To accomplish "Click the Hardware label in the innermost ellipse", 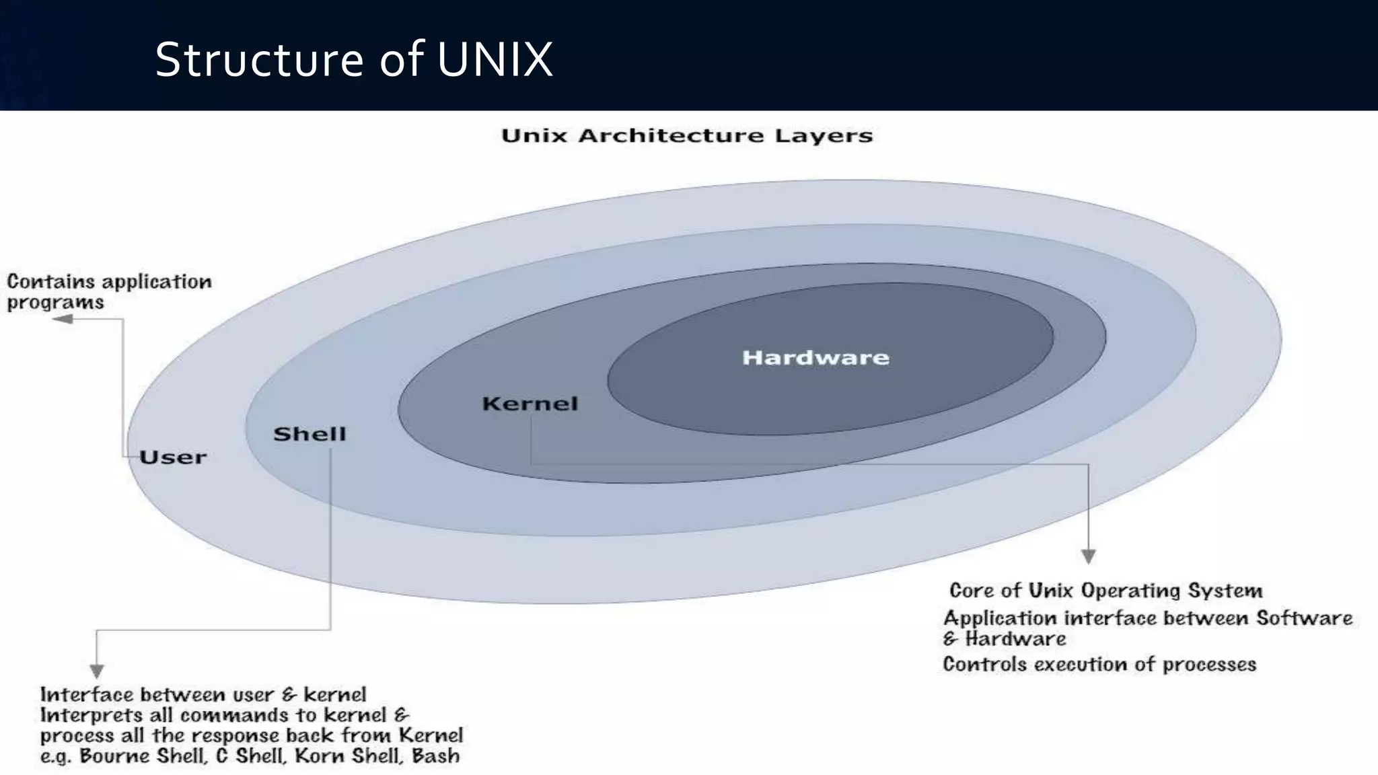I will pos(815,357).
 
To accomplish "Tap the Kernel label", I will pos(530,404).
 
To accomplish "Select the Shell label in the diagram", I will pos(310,434).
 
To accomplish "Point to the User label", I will pos(173,457).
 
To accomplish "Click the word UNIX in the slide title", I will pos(495,59).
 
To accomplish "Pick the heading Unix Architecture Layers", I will pos(687,136).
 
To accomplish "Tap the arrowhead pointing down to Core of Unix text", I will pos(1089,556).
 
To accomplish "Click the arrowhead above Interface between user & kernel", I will pos(97,671).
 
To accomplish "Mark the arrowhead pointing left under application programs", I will pos(63,319).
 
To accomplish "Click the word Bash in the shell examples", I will pos(435,756).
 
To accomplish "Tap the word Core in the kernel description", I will pos(971,591).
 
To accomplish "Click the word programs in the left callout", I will pos(55,303).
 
